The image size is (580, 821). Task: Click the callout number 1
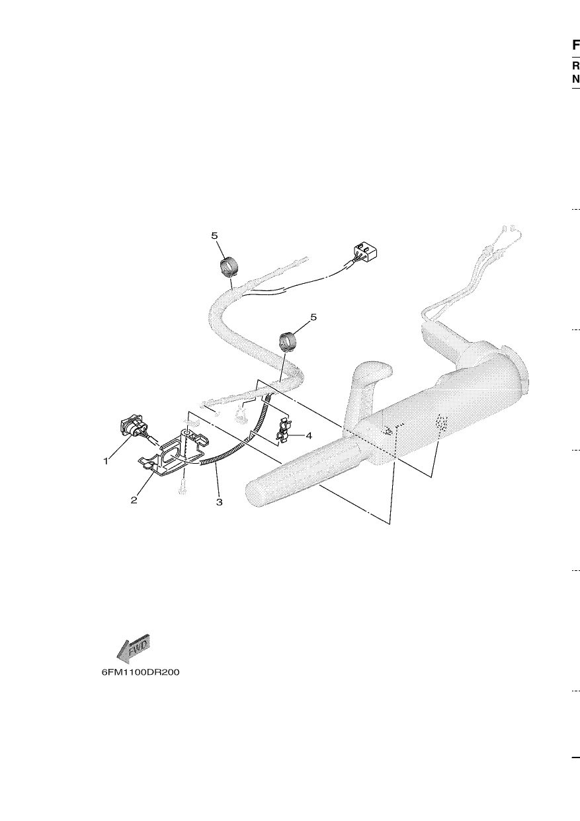(106, 461)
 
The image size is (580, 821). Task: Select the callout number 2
(134, 499)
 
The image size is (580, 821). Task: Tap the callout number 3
(219, 502)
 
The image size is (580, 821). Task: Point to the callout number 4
(309, 436)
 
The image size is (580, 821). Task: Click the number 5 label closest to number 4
(313, 317)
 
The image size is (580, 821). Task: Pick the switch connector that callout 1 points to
(134, 429)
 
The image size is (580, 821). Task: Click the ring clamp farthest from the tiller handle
(229, 267)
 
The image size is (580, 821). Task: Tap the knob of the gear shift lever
(373, 370)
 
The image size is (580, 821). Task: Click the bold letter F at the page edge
(576, 45)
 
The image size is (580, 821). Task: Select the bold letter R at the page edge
(576, 66)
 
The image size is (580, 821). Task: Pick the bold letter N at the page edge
(576, 79)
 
